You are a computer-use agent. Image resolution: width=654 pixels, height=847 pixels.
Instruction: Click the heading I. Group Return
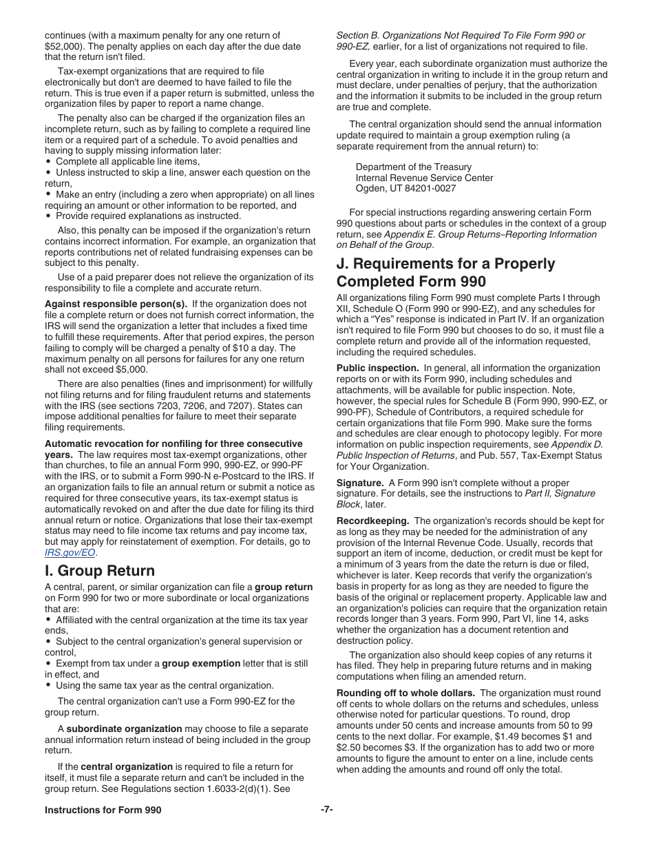point(100,571)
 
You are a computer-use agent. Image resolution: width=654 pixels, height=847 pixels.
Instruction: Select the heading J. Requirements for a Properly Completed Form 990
point(445,273)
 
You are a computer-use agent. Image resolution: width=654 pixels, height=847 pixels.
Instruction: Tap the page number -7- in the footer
point(327,810)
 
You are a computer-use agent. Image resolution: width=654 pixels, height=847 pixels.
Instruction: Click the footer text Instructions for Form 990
point(103,810)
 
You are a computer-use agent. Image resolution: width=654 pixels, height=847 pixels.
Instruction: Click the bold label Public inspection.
point(377,368)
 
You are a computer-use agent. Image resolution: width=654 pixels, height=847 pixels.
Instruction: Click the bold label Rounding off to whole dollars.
point(405,693)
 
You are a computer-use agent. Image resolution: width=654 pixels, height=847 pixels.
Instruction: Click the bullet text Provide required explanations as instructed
point(148,216)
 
